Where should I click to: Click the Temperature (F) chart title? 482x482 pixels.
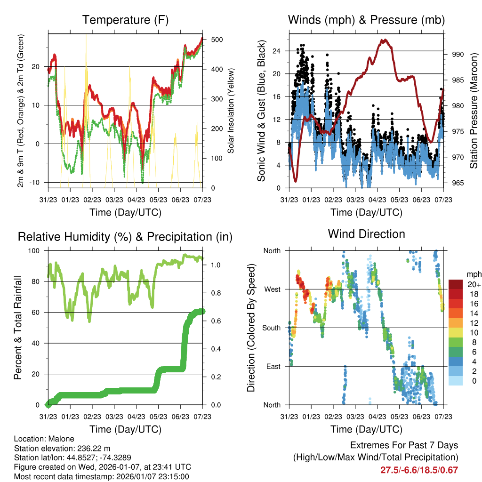[x=125, y=20]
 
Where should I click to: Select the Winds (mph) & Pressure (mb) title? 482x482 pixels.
[x=366, y=20]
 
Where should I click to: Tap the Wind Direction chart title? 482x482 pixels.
[x=366, y=234]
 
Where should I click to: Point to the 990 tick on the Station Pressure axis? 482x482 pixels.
[x=458, y=54]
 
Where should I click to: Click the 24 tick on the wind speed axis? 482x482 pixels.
[x=277, y=51]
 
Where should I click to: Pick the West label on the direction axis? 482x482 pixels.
[x=272, y=289]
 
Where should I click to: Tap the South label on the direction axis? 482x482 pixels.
[x=271, y=328]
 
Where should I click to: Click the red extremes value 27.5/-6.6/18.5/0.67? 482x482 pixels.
[x=419, y=470]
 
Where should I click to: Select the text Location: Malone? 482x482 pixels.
[x=41, y=438]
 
